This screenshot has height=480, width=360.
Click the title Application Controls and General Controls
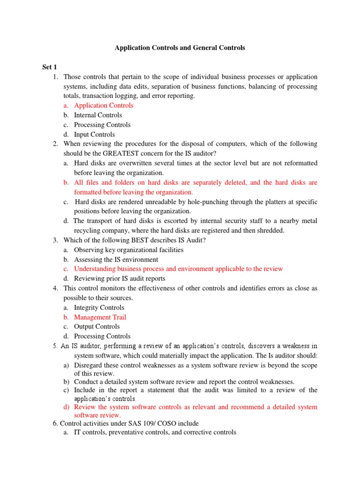(180, 48)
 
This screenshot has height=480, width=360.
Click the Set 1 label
(50, 67)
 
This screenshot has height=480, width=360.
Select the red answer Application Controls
(104, 105)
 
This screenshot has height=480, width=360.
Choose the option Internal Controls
(98, 115)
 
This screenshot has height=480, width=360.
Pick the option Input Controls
(94, 135)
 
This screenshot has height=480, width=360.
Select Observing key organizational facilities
(129, 250)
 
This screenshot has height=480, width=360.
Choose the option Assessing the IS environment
(116, 259)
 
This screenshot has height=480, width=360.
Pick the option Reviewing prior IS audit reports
(120, 278)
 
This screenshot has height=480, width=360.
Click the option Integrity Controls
(99, 307)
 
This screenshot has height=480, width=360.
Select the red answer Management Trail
(100, 317)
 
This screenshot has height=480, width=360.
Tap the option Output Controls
(97, 327)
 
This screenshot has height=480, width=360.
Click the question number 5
(56, 346)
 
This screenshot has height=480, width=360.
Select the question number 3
(56, 240)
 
